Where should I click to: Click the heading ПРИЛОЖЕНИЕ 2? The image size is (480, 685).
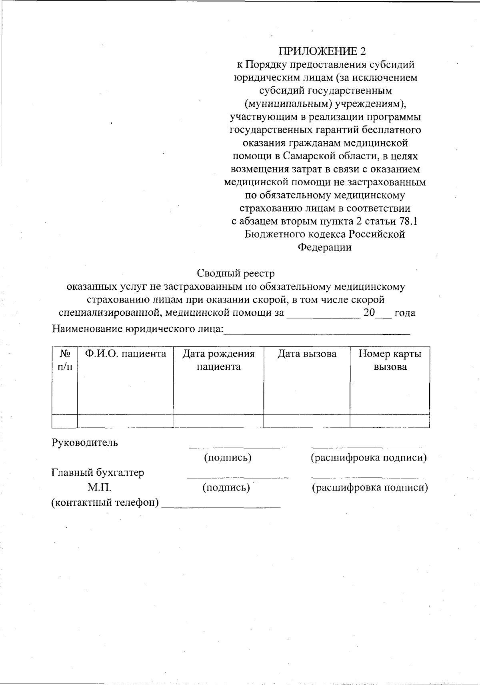point(322,51)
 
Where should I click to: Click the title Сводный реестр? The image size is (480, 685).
point(236,273)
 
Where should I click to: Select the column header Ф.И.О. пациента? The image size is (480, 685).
point(125,354)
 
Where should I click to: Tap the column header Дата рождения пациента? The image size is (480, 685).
point(218,360)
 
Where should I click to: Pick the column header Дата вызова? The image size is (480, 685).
point(307,354)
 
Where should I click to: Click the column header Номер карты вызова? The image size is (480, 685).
point(390,360)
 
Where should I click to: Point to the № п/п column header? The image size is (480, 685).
point(65,360)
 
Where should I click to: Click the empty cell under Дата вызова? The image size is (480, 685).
point(307,421)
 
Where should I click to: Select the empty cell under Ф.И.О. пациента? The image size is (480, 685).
point(125,421)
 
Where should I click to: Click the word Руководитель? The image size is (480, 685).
point(85,443)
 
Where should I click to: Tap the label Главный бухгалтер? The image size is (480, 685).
point(98,473)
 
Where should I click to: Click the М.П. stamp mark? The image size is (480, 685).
point(100,487)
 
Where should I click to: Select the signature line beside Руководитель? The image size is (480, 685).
point(237,447)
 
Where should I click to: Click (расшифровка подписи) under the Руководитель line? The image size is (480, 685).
point(369,457)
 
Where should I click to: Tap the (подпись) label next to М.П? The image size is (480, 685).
point(226,487)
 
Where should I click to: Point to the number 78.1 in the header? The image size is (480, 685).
point(408,221)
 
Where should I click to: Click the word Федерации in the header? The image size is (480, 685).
point(324,247)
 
